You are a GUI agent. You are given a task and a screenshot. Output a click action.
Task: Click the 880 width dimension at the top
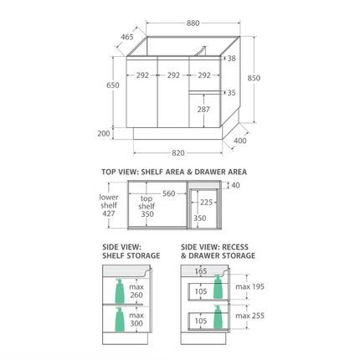193,23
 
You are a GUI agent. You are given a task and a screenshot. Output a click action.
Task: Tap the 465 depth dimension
127,37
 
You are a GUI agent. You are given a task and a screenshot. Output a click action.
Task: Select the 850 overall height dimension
254,78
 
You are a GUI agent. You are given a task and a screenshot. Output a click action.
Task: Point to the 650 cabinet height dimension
113,85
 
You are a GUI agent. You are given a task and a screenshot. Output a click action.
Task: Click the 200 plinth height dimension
104,134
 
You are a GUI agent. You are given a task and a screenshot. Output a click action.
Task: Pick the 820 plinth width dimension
178,153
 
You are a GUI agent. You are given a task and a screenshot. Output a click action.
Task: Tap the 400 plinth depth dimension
240,141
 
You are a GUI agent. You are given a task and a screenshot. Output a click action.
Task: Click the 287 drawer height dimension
203,110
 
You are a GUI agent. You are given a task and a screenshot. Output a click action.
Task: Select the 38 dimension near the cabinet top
231,59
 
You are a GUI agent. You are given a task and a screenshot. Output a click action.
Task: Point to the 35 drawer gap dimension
231,93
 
